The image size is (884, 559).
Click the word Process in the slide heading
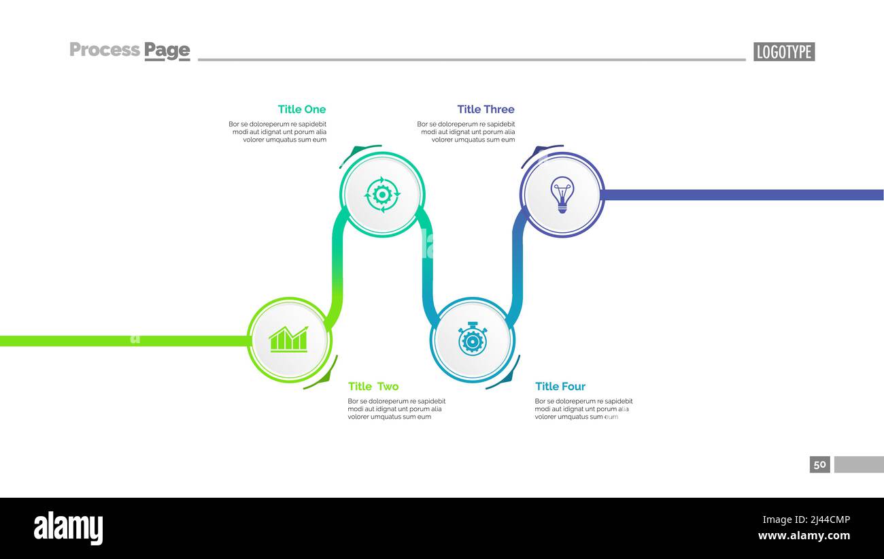pos(105,50)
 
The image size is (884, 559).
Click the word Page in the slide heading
pos(167,51)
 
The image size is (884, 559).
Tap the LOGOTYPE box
pos(784,52)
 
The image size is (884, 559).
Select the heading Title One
pos(302,109)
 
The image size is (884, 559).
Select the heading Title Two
pos(373,386)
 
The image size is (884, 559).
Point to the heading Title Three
pos(486,109)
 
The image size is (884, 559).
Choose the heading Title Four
pos(560,386)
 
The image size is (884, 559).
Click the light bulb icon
pos(562,195)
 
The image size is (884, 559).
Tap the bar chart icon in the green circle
pos(288,339)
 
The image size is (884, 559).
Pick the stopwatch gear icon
pos(473,339)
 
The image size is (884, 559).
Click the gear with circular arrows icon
pos(382,195)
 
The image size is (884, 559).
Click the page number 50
pos(819,464)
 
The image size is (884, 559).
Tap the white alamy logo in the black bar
pos(68,528)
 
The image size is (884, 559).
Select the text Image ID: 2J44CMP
pos(806,520)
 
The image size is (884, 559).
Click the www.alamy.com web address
pos(804,536)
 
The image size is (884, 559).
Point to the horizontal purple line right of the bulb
pos(742,195)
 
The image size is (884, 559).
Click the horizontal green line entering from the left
pos(125,341)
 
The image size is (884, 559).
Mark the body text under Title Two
pos(396,409)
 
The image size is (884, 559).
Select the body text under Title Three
pos(466,131)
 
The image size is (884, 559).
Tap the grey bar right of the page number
pos(859,464)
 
